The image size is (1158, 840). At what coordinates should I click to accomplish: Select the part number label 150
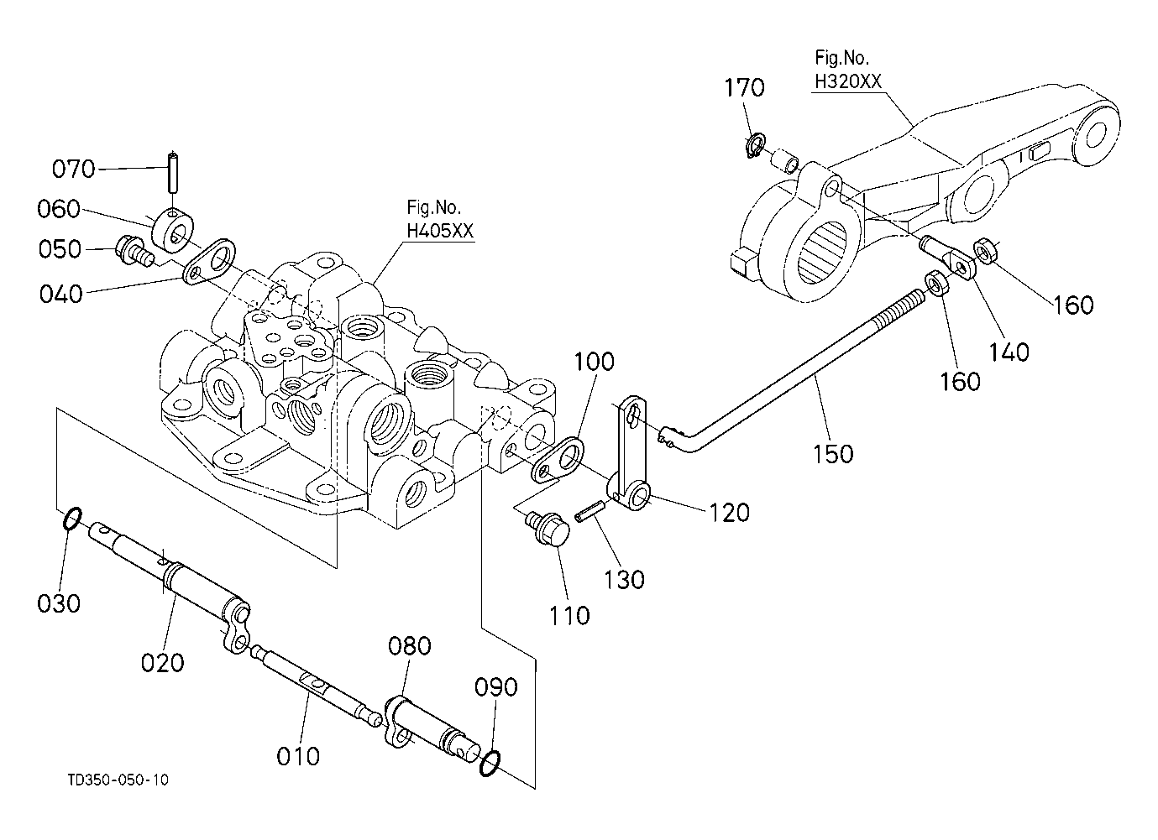[833, 454]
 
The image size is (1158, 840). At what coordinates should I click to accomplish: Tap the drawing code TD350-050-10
[118, 780]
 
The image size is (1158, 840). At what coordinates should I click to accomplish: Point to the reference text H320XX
[847, 81]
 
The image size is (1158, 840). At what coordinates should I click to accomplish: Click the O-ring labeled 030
[71, 519]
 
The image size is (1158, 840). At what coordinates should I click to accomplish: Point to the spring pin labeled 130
[591, 511]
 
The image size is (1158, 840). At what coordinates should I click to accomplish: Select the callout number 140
[1009, 351]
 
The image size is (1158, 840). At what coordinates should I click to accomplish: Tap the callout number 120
[729, 512]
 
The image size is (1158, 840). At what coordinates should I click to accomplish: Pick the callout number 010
[298, 756]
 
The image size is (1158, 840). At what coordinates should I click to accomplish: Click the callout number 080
[410, 646]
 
